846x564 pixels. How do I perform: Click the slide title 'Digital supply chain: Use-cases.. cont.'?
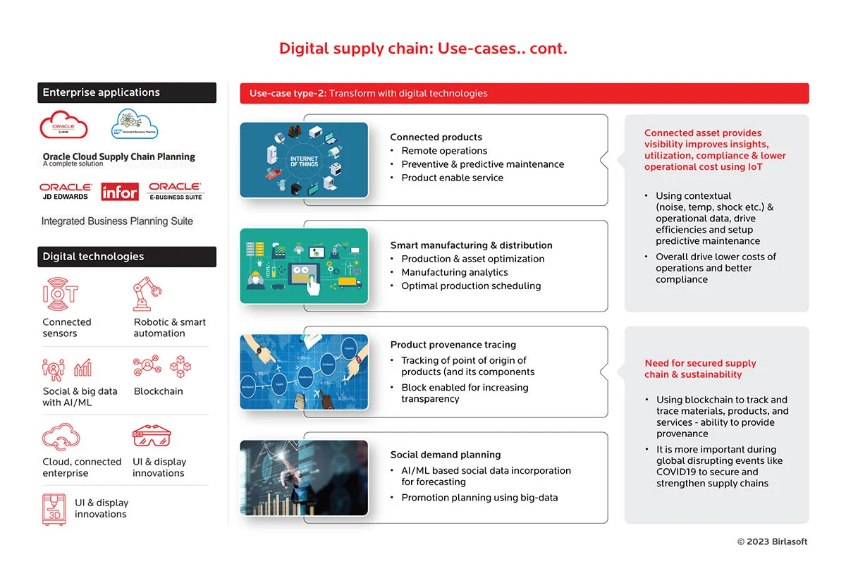(423, 49)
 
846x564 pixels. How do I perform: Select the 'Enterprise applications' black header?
(127, 92)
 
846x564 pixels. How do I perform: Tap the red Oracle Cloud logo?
(64, 125)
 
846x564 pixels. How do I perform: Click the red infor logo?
(120, 192)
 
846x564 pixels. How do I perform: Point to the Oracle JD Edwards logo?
(66, 192)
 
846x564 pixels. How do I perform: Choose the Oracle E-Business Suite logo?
(176, 192)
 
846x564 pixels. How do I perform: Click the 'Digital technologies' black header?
(127, 257)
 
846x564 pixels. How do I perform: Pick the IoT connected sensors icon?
(61, 294)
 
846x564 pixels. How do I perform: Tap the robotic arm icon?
(147, 294)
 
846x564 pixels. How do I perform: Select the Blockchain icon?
(162, 367)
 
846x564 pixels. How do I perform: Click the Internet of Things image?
(304, 160)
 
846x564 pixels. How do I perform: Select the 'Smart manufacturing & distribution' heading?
(471, 245)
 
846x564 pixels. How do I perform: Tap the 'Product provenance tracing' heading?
(453, 345)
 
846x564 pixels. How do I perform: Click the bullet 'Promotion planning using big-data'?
(479, 498)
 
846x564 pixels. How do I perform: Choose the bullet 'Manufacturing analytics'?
(454, 272)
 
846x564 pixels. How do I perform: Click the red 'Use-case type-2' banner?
(524, 93)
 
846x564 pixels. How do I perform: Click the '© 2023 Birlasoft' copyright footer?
(772, 541)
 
